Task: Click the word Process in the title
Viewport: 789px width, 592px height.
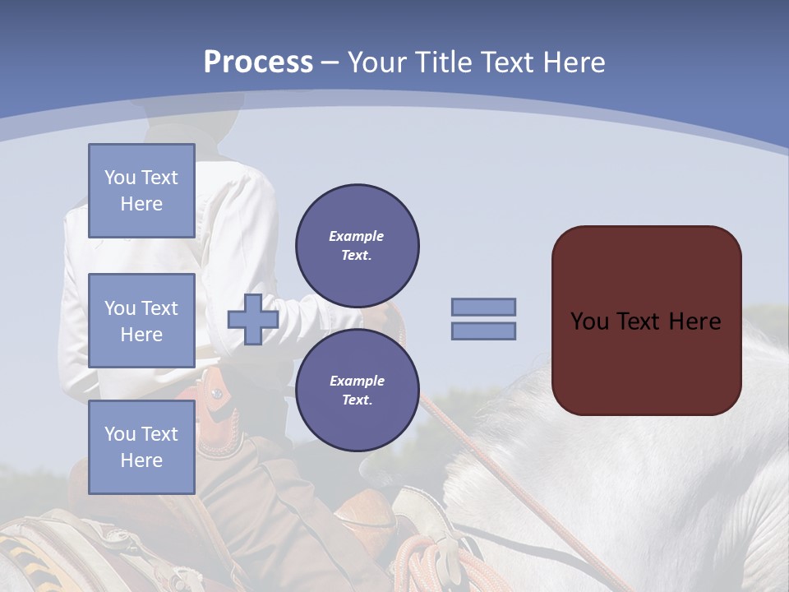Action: point(258,62)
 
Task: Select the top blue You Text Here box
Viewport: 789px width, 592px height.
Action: point(141,191)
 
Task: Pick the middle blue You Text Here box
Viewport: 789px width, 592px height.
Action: point(141,321)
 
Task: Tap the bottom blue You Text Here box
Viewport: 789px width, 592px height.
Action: point(141,446)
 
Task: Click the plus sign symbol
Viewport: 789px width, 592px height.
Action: point(253,320)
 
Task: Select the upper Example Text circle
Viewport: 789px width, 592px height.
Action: point(358,246)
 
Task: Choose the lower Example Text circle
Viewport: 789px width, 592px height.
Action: point(358,391)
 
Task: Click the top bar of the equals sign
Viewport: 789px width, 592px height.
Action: point(483,308)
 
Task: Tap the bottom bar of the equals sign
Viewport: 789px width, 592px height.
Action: point(483,331)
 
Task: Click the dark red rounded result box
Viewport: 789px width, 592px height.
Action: point(646,321)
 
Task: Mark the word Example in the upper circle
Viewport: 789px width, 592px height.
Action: point(356,236)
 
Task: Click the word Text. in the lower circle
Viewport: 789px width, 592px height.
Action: point(357,400)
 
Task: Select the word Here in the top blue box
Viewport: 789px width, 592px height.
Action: point(141,204)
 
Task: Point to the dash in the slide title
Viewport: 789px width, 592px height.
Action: point(330,62)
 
